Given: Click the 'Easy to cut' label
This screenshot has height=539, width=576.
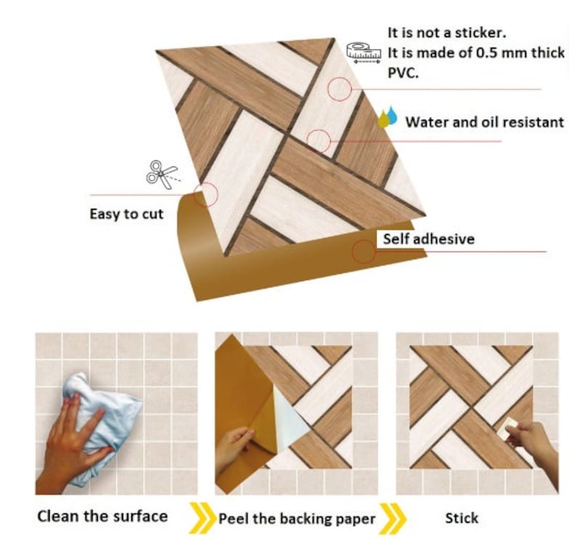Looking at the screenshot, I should (126, 214).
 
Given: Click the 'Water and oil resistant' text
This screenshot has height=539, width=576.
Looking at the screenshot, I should (484, 122).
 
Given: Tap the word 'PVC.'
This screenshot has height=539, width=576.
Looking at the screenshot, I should (403, 73).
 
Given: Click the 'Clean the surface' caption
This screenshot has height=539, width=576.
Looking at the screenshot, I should (102, 517).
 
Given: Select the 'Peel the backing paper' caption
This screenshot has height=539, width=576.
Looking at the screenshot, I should (297, 519).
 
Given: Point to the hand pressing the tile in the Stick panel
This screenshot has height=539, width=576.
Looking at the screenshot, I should (534, 443).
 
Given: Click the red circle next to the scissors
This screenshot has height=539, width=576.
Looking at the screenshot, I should (206, 194).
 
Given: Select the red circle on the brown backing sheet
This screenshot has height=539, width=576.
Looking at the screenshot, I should (363, 252).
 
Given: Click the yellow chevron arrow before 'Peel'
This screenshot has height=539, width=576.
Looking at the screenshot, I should (201, 517).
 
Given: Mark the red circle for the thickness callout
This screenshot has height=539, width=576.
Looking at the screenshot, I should (340, 89).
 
